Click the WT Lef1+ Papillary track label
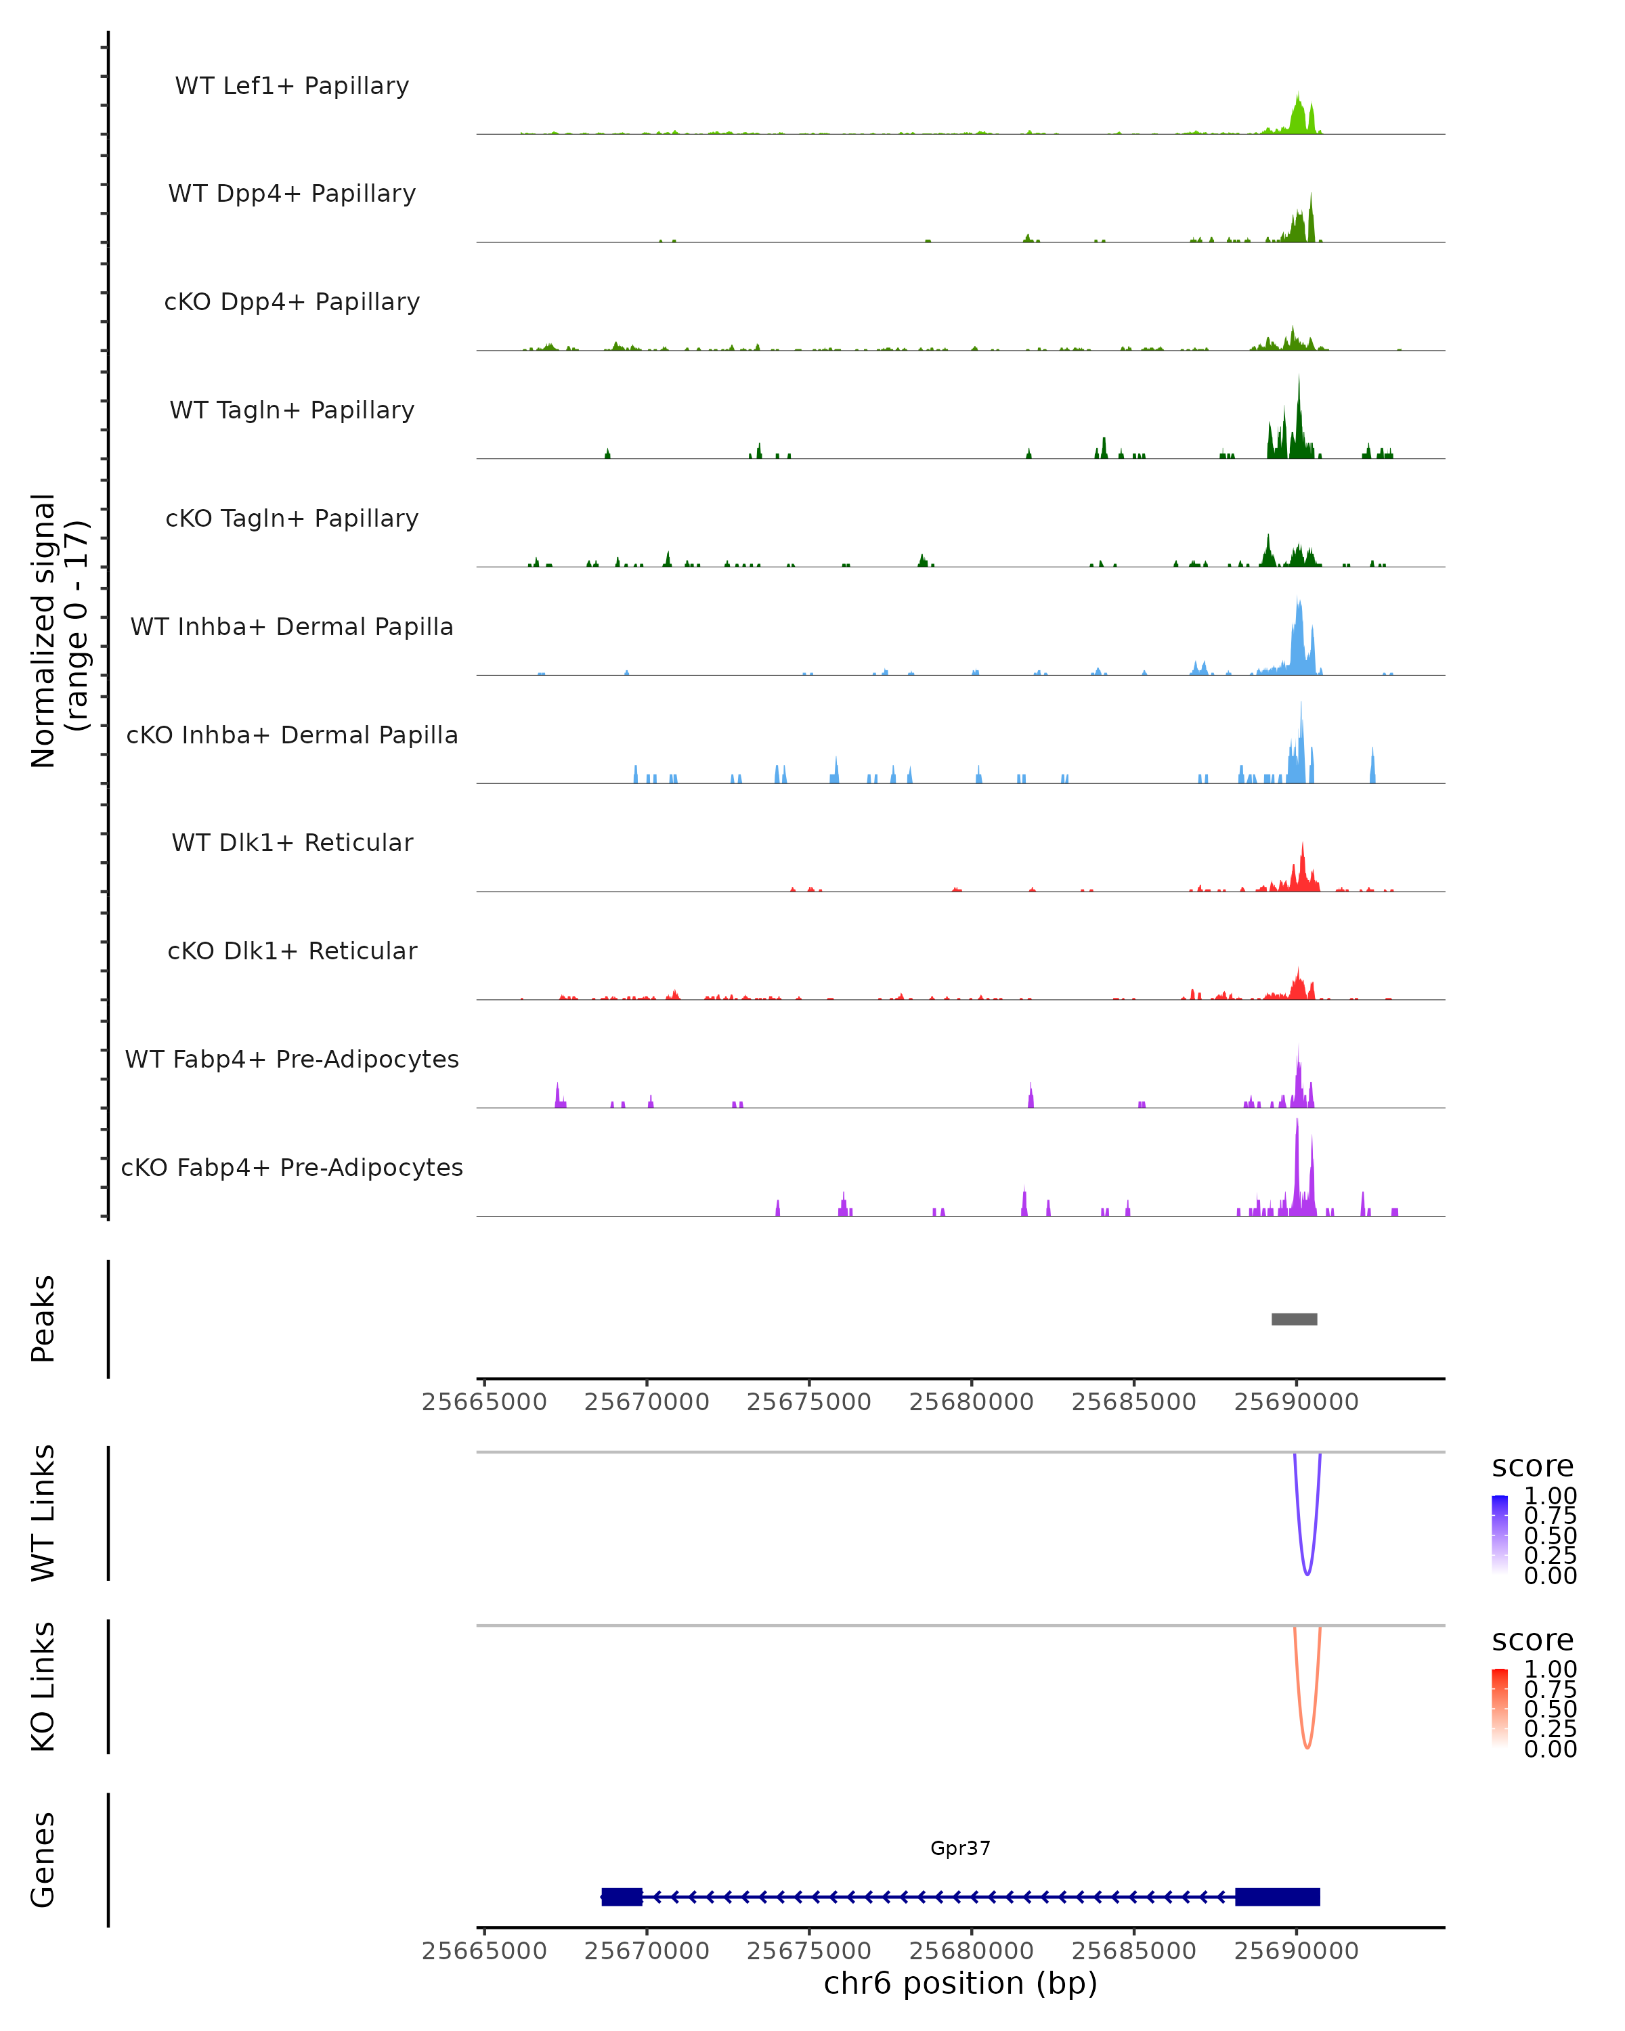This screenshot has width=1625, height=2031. click(292, 86)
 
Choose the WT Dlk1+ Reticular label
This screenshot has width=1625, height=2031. click(292, 842)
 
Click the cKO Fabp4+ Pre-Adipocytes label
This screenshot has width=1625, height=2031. click(292, 1167)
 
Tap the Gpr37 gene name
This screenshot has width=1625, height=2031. click(960, 1848)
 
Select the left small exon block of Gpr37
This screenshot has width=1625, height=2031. click(622, 1896)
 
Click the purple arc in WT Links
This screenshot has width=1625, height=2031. click(1307, 1571)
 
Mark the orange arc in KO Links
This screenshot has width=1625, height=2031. click(1307, 1745)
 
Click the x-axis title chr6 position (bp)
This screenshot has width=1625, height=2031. click(960, 1983)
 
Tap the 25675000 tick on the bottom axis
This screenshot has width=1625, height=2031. click(808, 1950)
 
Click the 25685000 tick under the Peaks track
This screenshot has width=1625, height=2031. click(1133, 1402)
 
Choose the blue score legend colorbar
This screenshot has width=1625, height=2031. click(1500, 1533)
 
